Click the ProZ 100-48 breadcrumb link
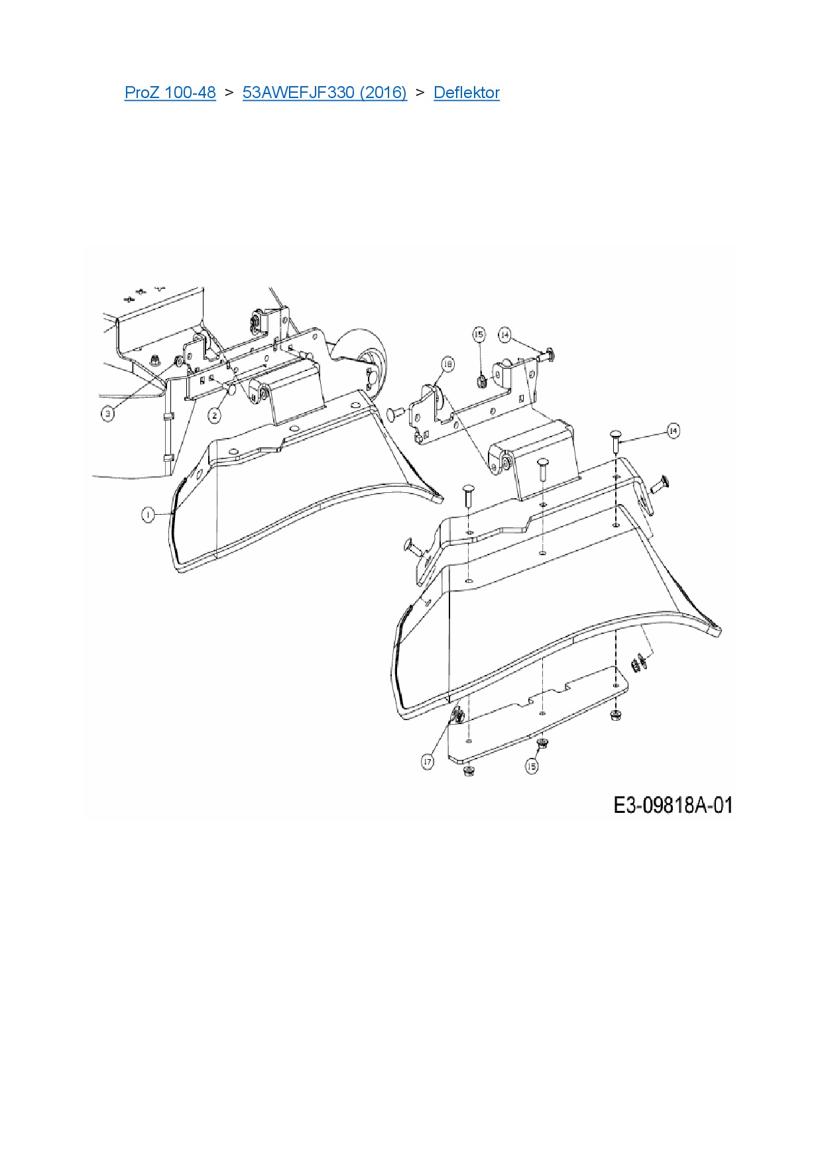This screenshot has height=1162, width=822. coord(170,92)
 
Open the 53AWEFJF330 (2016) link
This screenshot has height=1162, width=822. coord(325,92)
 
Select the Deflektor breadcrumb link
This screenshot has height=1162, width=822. coord(467,92)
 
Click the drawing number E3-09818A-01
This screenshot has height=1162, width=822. coord(673,805)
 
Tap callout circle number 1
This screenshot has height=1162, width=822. coord(148,514)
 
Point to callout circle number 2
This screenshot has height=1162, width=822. coord(214,415)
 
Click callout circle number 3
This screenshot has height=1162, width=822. coord(108,414)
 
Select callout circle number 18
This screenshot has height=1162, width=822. coord(448,364)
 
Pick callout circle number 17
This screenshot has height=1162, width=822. coord(428,762)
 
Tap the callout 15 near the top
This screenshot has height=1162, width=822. coord(479,335)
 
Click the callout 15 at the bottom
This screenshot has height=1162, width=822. coord(532,766)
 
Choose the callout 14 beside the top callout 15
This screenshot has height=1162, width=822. coord(505,335)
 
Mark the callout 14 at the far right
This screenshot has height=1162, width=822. coord(673,431)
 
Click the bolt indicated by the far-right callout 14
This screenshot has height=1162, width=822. coord(615,441)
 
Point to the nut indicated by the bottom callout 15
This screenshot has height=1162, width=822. coord(542,743)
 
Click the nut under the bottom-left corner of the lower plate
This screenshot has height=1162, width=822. coord(469,770)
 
